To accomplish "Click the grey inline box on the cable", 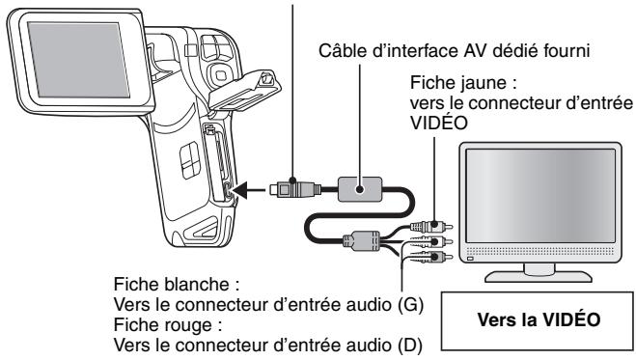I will point(359,186).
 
